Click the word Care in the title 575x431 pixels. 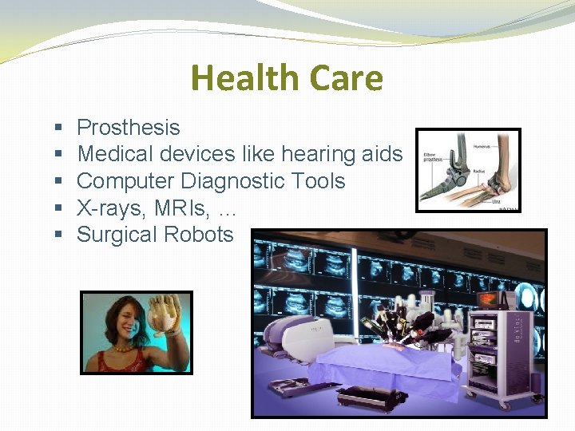tap(339, 78)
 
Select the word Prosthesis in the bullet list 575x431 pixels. tap(128, 128)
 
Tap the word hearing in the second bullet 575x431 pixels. tap(307, 154)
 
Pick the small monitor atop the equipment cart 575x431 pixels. tap(488, 300)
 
